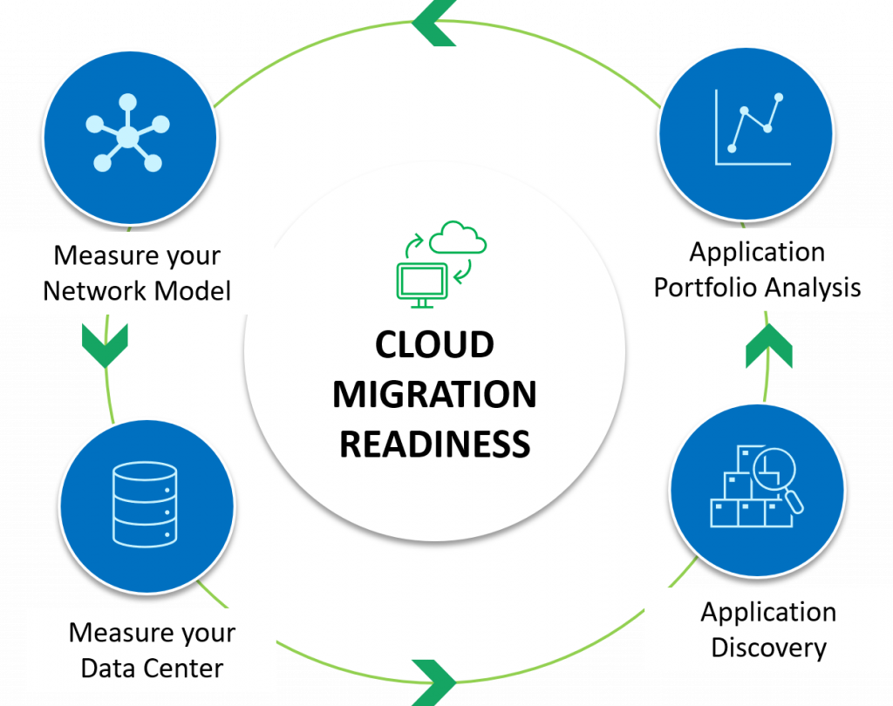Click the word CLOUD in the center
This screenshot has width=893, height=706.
(x=434, y=345)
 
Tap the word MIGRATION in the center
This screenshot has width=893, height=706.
(x=434, y=395)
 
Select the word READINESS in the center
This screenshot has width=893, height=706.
(x=434, y=445)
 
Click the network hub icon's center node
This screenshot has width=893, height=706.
(x=127, y=137)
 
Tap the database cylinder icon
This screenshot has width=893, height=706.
(x=145, y=506)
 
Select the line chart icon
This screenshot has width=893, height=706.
(x=752, y=129)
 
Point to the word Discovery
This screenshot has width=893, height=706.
(x=768, y=648)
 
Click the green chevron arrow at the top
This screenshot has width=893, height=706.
(x=434, y=24)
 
